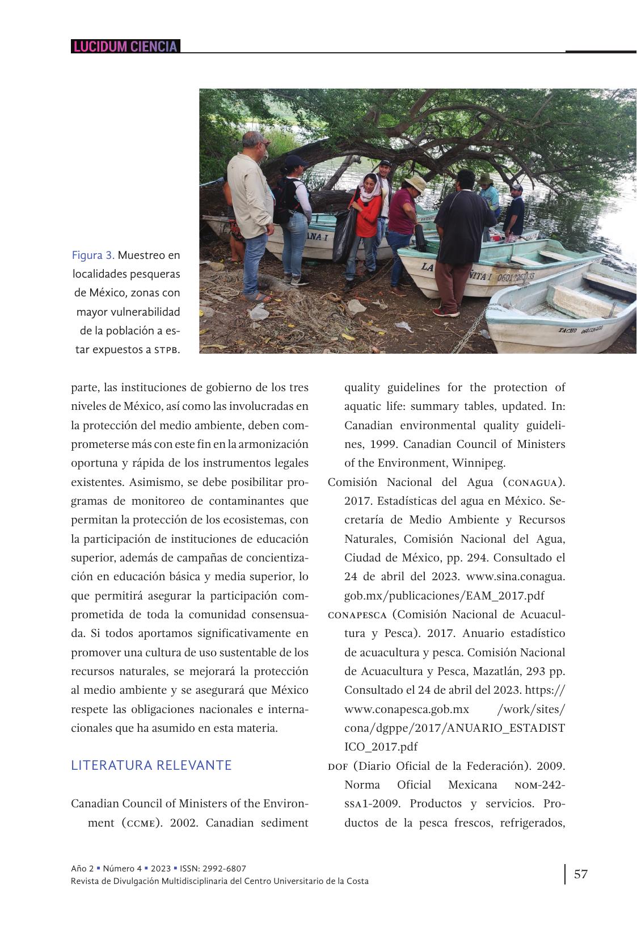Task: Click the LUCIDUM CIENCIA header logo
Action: coord(125,47)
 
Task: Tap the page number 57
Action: coord(580,874)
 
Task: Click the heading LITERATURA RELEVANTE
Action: coord(151,765)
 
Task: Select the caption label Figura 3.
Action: coord(93,255)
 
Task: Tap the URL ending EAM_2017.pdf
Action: coord(444,596)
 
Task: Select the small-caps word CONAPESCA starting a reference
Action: coord(357,615)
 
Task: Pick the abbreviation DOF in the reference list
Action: coord(338,766)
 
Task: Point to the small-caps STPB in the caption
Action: coord(167,350)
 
